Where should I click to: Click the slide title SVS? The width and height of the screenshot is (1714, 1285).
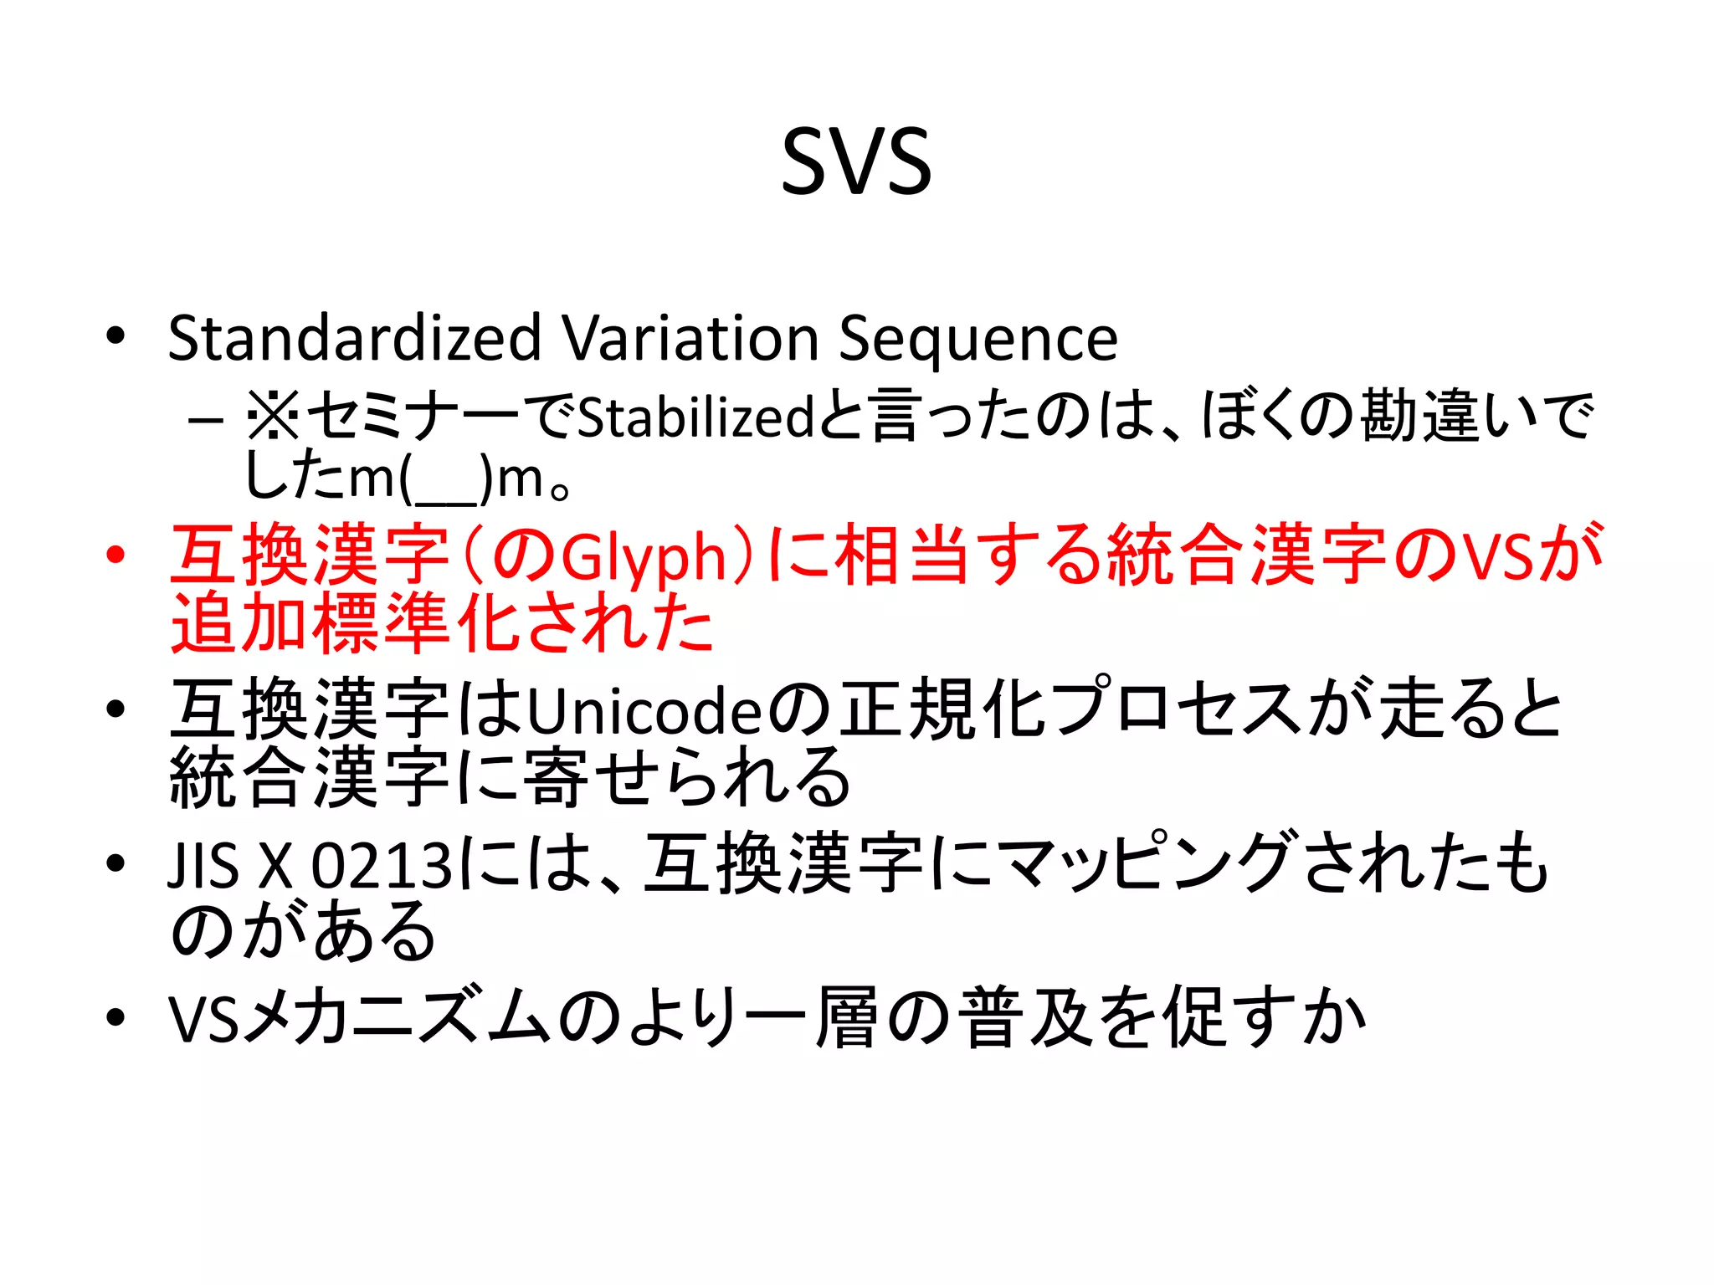coord(856,161)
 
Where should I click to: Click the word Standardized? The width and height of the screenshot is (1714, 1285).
coord(354,338)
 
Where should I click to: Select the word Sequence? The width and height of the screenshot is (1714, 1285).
coord(978,340)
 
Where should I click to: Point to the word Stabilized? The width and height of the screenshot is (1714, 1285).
coord(695,417)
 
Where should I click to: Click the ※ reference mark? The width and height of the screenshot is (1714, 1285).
coord(273,416)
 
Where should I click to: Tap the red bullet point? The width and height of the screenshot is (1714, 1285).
coord(115,555)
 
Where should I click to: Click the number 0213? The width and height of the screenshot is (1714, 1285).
coord(381,865)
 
